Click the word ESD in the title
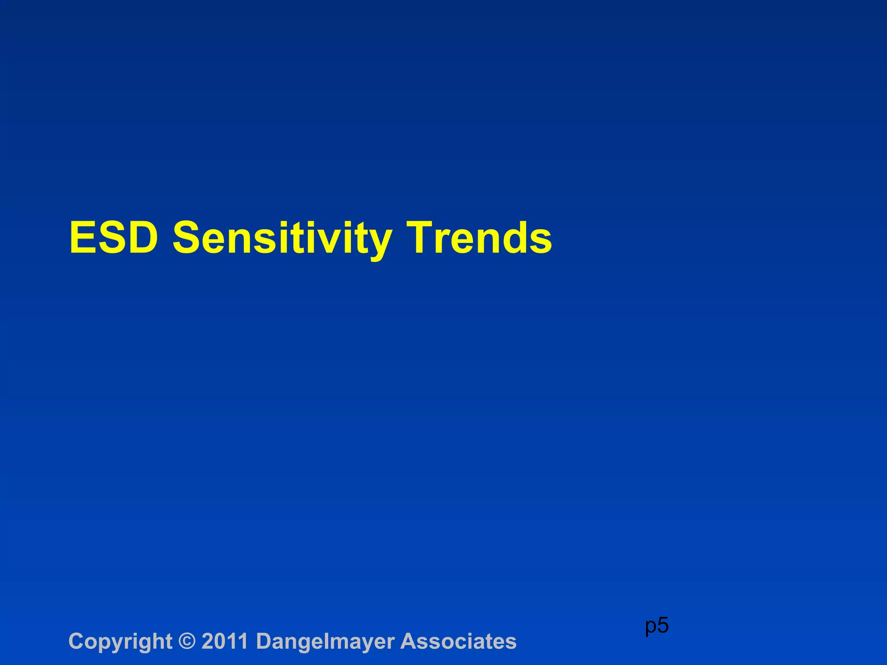click(x=113, y=238)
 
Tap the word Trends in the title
click(x=480, y=238)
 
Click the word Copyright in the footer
click(x=120, y=642)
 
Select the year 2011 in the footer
click(x=225, y=641)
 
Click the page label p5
click(x=657, y=626)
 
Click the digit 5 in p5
click(x=663, y=625)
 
